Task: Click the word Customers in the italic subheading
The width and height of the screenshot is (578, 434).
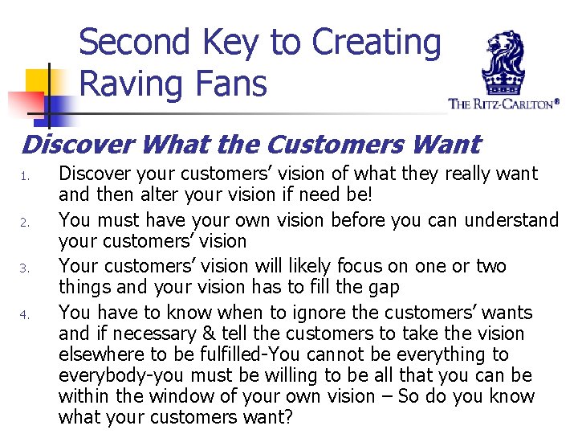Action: click(x=308, y=145)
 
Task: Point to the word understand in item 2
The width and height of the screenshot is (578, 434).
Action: click(x=511, y=220)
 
